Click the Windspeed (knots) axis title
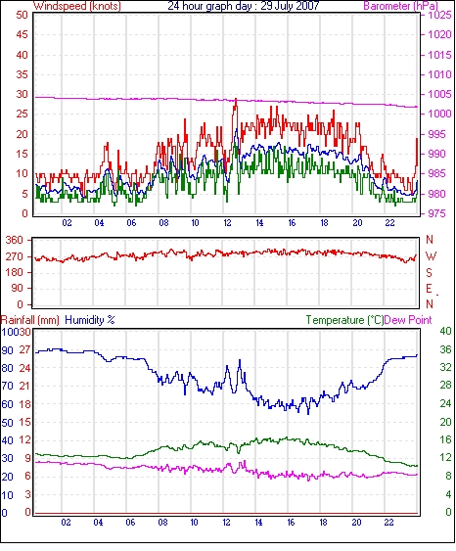(77, 6)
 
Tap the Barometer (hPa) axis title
(400, 6)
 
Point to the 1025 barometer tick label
(439, 15)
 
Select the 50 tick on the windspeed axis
(22, 15)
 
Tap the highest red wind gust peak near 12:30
(236, 100)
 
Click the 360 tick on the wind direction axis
(15, 241)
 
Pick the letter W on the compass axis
(431, 256)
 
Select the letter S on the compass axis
(429, 273)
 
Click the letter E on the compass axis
(429, 289)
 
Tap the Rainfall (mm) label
(30, 320)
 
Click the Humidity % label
(90, 320)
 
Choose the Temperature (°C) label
(344, 320)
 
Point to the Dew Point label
(408, 320)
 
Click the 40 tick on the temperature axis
(445, 331)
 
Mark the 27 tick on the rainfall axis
(24, 350)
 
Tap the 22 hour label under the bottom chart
(388, 523)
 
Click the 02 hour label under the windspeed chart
(67, 223)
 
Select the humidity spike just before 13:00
(240, 361)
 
